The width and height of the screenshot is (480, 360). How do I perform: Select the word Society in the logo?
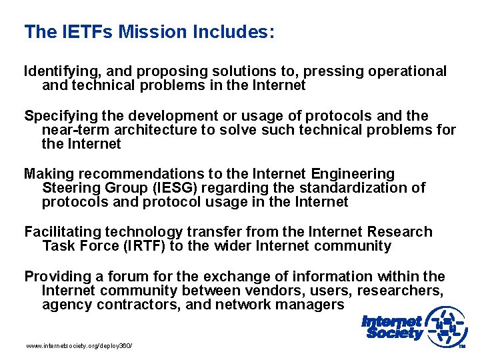[x=393, y=333]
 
